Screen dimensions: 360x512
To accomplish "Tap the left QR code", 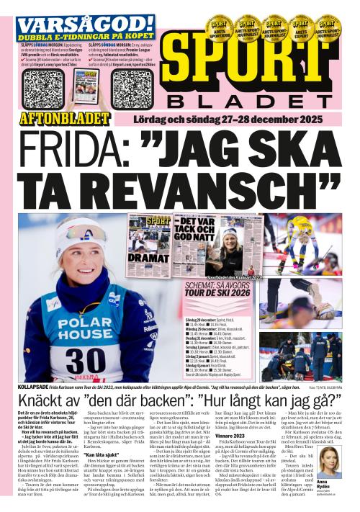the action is (x=44, y=87).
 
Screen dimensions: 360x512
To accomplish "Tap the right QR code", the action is (x=132, y=89).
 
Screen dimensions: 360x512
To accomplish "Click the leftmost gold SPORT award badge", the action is (x=218, y=29).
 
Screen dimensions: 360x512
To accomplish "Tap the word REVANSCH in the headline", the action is (x=216, y=187).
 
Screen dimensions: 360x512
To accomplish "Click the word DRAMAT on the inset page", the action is (x=148, y=258).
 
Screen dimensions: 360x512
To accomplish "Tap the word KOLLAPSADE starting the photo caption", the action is (x=36, y=387).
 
